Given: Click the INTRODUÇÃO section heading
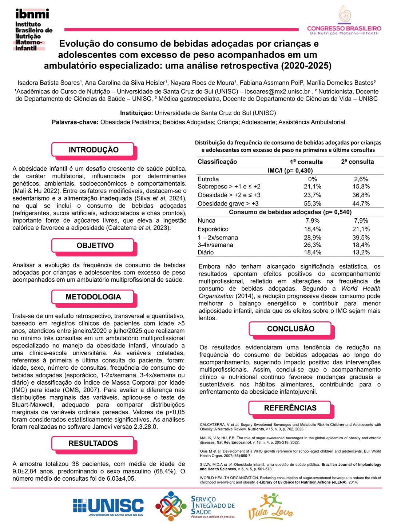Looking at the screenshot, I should (x=94, y=150).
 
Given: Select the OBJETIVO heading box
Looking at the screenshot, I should (x=95, y=246).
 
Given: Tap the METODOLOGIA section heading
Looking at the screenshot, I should (x=93, y=297).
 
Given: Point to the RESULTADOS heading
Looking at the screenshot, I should (x=93, y=443).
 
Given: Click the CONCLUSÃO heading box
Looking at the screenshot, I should (x=290, y=329).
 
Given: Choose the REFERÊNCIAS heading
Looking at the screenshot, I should (x=290, y=408).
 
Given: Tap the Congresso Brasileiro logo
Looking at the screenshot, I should (x=344, y=22).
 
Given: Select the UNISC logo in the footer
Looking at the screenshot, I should (x=108, y=507).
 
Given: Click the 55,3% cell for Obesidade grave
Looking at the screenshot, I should (x=312, y=203).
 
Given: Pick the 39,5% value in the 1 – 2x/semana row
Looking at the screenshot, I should (x=361, y=238).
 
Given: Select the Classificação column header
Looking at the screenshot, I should (x=217, y=162).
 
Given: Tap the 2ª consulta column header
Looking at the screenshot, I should (x=357, y=162).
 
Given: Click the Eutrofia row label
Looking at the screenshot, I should (x=208, y=179).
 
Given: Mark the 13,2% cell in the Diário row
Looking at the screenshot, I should (x=361, y=252).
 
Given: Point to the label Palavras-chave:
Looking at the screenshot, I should (x=75, y=122).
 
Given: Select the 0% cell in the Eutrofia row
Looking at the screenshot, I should (x=312, y=179).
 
